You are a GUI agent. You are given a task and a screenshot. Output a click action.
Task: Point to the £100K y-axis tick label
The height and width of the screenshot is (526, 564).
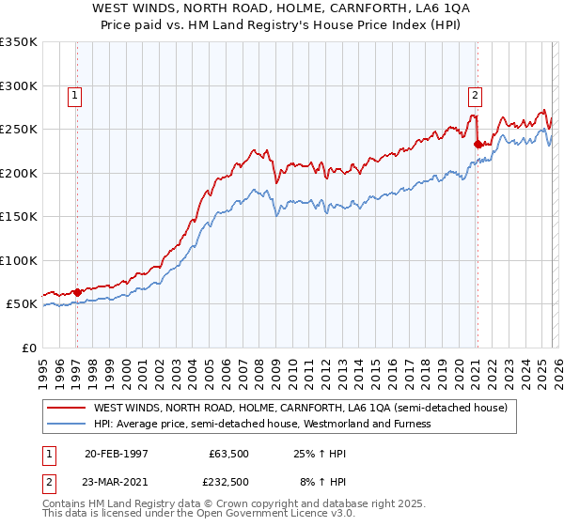(x=18, y=260)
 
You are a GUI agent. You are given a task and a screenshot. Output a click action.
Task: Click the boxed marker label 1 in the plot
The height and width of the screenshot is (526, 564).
(x=74, y=94)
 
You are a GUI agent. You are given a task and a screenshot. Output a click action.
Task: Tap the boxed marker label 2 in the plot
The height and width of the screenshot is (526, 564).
(x=476, y=94)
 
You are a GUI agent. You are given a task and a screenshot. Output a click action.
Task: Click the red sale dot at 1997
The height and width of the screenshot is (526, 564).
(x=77, y=292)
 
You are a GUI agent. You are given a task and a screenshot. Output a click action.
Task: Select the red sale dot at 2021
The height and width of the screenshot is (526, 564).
(x=478, y=144)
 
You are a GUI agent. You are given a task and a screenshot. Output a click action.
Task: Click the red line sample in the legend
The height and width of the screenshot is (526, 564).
(x=67, y=409)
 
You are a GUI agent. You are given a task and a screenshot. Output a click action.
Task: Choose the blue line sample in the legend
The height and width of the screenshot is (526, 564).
(x=67, y=424)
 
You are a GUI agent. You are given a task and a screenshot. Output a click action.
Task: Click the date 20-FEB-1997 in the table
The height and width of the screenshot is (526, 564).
(x=116, y=454)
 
